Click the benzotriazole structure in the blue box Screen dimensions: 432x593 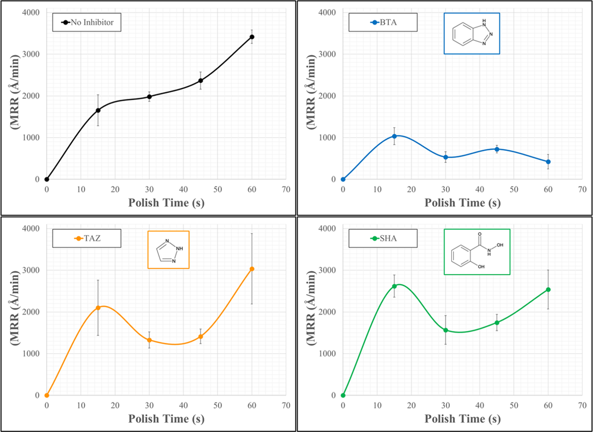pos(472,34)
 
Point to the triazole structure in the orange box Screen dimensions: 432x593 pos(169,250)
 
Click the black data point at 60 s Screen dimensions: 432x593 pos(252,37)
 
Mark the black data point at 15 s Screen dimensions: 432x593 pos(98,110)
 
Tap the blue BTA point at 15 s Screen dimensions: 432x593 pos(394,136)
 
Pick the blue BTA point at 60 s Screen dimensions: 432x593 pos(548,162)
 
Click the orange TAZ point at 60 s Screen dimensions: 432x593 pos(252,269)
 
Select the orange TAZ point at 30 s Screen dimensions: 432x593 pos(149,340)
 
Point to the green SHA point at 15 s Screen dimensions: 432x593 pos(394,286)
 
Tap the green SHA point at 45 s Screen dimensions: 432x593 pos(497,323)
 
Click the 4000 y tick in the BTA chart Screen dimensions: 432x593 pos(327,13)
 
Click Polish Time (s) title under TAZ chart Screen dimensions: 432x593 pos(166,419)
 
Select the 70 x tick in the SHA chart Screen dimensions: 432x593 pos(582,406)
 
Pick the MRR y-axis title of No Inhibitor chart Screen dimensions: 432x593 pos(15,92)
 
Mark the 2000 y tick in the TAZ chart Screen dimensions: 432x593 pos(31,312)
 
